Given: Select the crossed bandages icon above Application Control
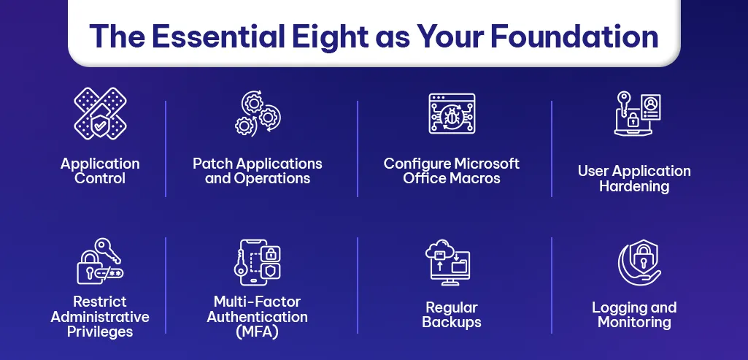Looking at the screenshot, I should click(x=100, y=113).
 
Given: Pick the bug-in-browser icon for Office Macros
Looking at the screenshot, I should click(x=452, y=114).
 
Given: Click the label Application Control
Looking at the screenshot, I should click(x=100, y=171).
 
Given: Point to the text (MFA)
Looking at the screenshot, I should click(x=257, y=332).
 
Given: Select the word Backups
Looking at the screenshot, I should click(x=452, y=322).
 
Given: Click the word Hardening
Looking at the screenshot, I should click(x=634, y=186).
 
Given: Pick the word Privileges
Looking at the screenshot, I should click(x=100, y=332).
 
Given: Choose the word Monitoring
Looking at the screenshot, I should click(x=634, y=322).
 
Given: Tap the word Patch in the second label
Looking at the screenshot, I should click(x=209, y=163).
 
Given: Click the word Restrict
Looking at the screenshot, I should click(x=100, y=302).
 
